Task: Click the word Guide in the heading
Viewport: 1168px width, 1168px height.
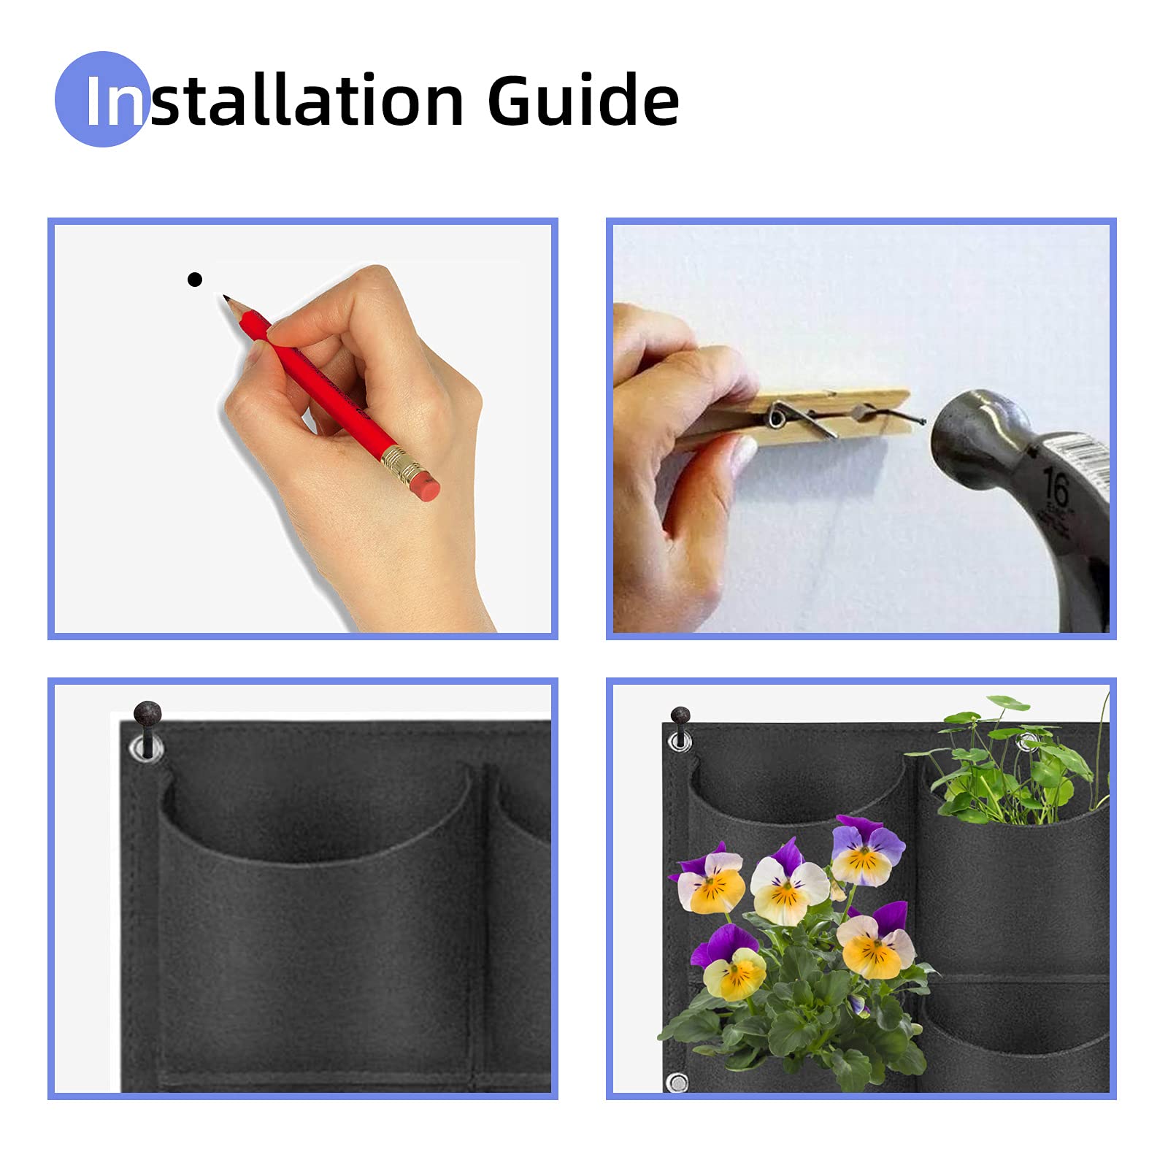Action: coord(583,100)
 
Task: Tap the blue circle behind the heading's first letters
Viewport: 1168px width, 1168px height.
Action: coord(102,99)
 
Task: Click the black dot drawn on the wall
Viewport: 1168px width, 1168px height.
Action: coord(194,280)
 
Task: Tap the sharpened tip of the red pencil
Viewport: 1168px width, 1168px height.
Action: coord(226,298)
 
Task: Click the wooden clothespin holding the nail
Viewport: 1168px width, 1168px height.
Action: coord(796,419)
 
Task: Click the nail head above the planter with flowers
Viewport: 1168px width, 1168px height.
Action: coord(680,715)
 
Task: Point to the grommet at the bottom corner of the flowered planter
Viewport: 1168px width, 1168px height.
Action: coord(677,1082)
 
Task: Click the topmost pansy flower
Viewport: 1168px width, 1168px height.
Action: coord(867,850)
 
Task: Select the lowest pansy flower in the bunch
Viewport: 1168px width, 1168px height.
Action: coord(730,963)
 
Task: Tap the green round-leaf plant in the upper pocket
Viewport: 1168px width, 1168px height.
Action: coord(1011,763)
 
